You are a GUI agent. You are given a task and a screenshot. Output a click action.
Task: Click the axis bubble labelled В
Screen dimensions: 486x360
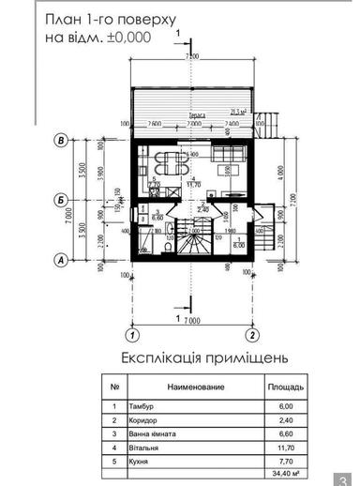(x=61, y=140)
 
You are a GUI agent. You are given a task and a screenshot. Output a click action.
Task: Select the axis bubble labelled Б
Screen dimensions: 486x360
(x=61, y=200)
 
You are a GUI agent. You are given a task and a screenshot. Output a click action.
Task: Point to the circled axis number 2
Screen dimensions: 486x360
(x=252, y=333)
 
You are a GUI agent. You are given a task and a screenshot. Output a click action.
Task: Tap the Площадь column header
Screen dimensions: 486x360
(x=284, y=386)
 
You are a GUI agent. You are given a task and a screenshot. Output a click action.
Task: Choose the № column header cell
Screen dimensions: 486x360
(x=114, y=386)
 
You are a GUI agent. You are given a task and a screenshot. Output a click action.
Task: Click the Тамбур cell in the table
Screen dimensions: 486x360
(x=144, y=406)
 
